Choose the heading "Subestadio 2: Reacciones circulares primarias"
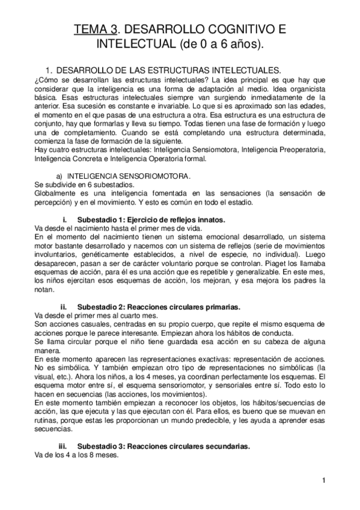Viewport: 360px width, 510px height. click(x=159, y=306)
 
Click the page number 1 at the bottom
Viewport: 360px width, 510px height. click(x=323, y=480)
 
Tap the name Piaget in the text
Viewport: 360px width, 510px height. click(x=275, y=263)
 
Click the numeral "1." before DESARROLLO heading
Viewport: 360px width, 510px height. click(x=41, y=70)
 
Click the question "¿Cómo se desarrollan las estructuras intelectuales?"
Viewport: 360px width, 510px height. click(x=121, y=81)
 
